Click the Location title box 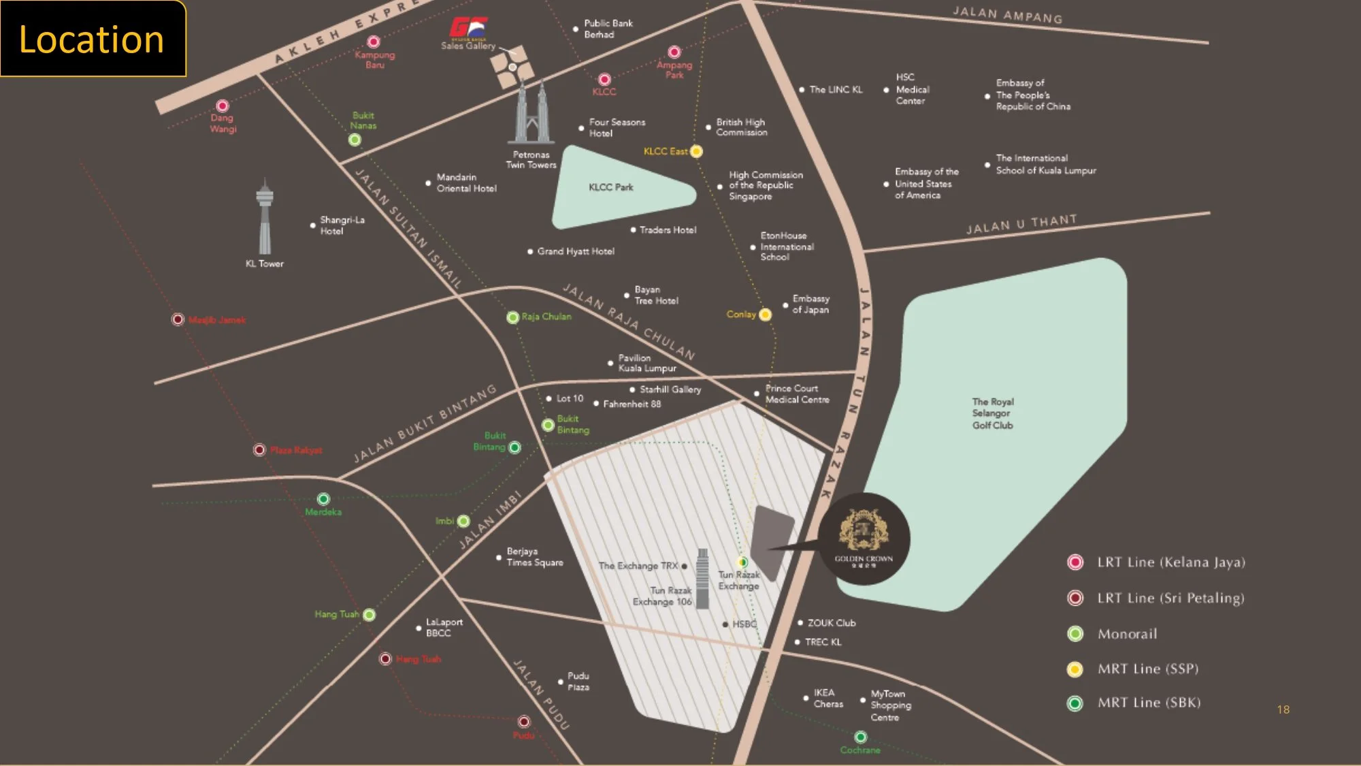click(x=93, y=39)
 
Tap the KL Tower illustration click(x=265, y=218)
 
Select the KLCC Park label click(x=610, y=187)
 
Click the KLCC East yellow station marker click(x=696, y=151)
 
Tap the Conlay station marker click(x=765, y=315)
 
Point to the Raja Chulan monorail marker click(x=513, y=317)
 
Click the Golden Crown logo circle click(x=864, y=539)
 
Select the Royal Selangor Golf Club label click(x=992, y=413)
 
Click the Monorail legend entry click(x=1126, y=634)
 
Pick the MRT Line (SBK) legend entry click(x=1148, y=703)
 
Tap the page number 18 click(x=1283, y=709)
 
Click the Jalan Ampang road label click(x=1007, y=15)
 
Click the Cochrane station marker click(x=860, y=737)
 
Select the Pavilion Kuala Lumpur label click(x=646, y=363)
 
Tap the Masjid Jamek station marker click(x=178, y=319)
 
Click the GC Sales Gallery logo click(x=468, y=29)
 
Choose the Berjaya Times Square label click(x=534, y=557)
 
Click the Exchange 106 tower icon click(x=703, y=579)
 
